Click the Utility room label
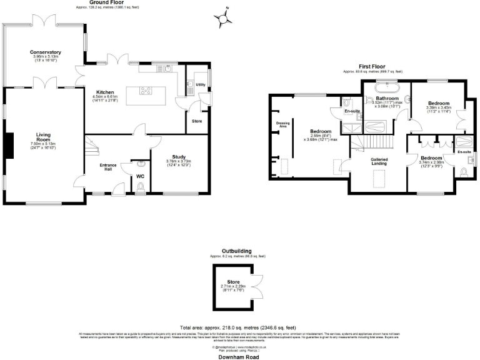(x=201, y=84)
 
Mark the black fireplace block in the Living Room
(x=9, y=146)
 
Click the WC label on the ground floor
(x=141, y=176)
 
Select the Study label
(x=179, y=157)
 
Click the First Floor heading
(x=371, y=66)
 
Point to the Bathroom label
(x=387, y=98)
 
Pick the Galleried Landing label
(x=379, y=161)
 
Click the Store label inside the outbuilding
(x=232, y=282)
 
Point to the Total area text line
(x=238, y=327)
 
